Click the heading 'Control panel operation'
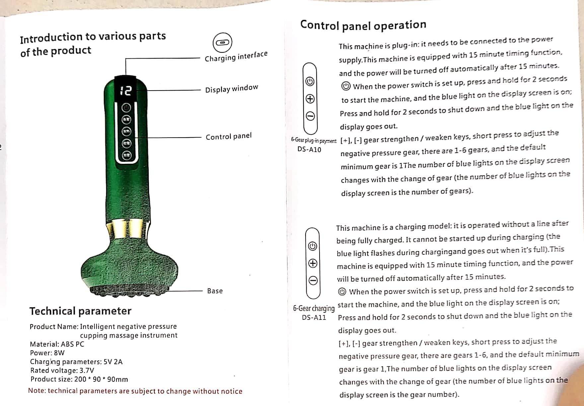tap(363, 25)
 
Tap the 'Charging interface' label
tap(236, 56)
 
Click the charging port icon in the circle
tap(222, 42)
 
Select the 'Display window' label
tap(231, 89)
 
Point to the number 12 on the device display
tap(126, 91)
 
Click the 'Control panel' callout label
tap(229, 136)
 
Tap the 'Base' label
tap(215, 291)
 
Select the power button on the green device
tap(126, 108)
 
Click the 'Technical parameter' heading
tap(80, 311)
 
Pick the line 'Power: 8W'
tap(47, 353)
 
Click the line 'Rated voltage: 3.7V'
tap(62, 370)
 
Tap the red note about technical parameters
tap(135, 391)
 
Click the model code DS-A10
tap(309, 149)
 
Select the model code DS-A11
tap(314, 317)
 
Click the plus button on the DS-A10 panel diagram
tap(310, 99)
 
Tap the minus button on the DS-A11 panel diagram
tap(313, 281)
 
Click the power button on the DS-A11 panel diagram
tap(313, 246)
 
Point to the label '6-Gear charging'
tap(314, 308)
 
